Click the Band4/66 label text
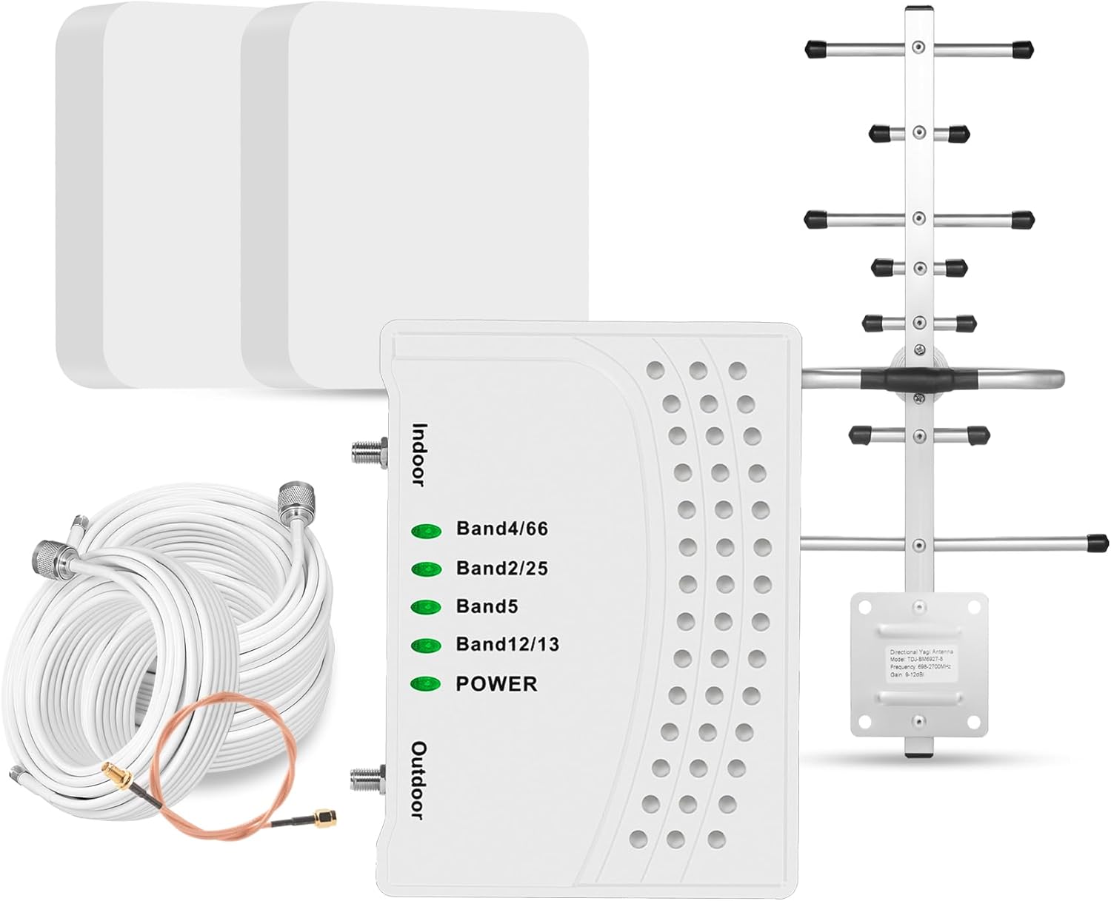[501, 529]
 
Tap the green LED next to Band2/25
[426, 569]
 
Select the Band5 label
[487, 606]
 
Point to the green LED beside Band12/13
[426, 645]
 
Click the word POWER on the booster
[496, 683]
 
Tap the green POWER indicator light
[426, 683]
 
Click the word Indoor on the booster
[419, 454]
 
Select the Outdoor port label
[419, 780]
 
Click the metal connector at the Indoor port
[368, 450]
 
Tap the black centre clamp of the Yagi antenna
[917, 378]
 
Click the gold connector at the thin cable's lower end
[325, 817]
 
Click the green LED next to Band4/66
[426, 530]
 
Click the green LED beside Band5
[426, 607]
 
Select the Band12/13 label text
[507, 644]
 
